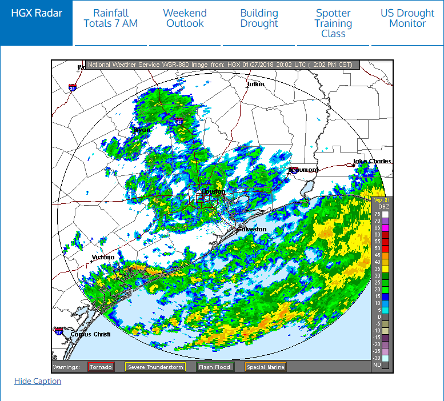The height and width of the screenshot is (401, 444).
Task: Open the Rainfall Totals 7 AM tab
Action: click(x=111, y=18)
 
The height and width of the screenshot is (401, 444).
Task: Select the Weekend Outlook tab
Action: click(x=185, y=18)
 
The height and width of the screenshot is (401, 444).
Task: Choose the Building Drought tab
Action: click(x=259, y=18)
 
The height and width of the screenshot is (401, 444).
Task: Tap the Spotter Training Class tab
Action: click(x=333, y=23)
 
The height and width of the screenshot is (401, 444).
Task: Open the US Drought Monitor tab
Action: click(x=407, y=18)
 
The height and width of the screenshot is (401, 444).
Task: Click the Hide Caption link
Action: click(x=38, y=381)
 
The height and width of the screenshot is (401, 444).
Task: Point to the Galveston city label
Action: click(x=252, y=229)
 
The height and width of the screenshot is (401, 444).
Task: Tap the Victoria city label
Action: click(x=103, y=258)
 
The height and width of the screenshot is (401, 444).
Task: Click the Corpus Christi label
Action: click(x=90, y=334)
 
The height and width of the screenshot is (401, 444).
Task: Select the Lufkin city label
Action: click(x=255, y=85)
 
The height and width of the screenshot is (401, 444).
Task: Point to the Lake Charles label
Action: click(x=373, y=162)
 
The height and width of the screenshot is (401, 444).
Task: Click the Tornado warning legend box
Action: click(x=101, y=367)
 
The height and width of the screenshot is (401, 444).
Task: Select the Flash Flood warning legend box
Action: click(x=214, y=367)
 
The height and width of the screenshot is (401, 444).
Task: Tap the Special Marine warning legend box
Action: click(x=265, y=367)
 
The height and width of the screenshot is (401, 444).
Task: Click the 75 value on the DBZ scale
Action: click(x=377, y=214)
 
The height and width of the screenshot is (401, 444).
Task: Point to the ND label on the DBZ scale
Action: click(x=377, y=364)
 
